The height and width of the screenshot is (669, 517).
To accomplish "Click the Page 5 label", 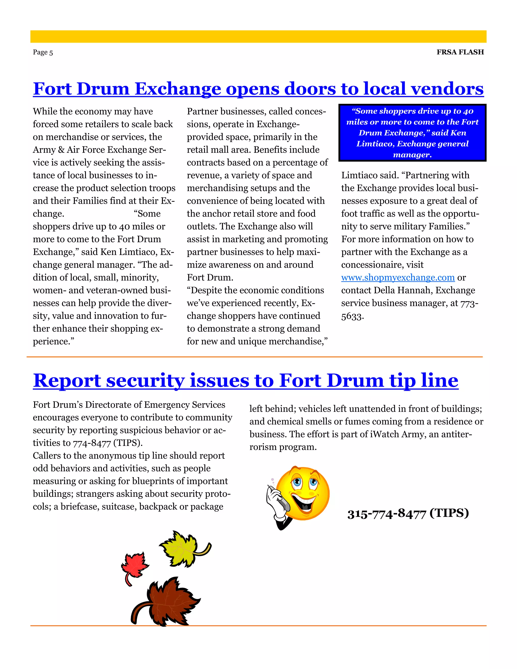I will coord(43,52).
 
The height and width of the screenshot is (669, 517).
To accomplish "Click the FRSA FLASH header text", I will coord(460,52).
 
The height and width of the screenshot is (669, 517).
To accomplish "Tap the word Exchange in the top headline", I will coord(178,89).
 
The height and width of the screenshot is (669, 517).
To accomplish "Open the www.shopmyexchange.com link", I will coord(398,277).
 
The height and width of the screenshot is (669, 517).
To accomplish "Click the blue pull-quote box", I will coord(412,133).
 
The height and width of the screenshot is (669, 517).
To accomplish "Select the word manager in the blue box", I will coord(412,155).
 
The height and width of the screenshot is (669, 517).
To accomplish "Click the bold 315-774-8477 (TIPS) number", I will coord(408,514).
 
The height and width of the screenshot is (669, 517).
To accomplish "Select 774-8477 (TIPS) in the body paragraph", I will coord(108,443).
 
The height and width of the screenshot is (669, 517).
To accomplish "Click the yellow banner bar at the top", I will coord(258,36).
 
